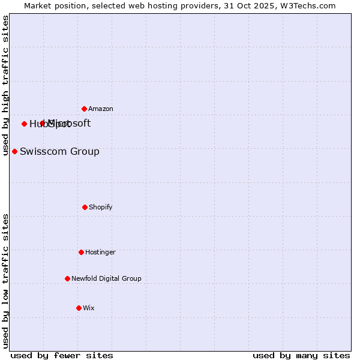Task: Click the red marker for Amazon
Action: click(84, 109)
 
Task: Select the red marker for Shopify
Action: click(85, 207)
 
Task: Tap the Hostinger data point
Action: click(81, 252)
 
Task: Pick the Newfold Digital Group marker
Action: click(67, 278)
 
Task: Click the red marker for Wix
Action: click(79, 308)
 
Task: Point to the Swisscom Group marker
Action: click(14, 151)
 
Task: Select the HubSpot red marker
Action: click(24, 124)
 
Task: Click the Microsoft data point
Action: click(42, 123)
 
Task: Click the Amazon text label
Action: click(101, 109)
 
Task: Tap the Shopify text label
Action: click(101, 207)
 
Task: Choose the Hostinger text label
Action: click(100, 252)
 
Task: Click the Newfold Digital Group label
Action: click(106, 278)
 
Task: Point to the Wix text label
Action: click(89, 308)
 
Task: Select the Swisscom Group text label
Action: click(59, 151)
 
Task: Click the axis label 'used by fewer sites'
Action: click(62, 355)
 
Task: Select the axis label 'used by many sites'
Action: click(301, 355)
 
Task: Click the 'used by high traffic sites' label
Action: click(5, 85)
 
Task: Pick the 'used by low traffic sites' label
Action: click(5, 281)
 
